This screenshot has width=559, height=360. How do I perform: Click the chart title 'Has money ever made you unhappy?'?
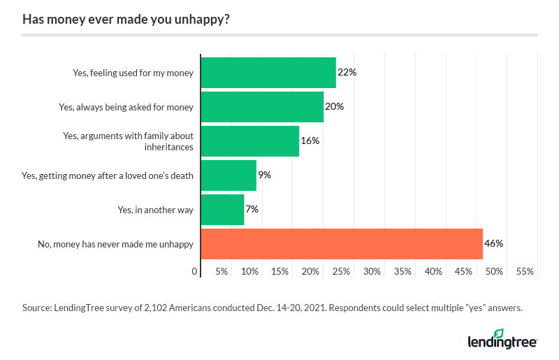point(126,19)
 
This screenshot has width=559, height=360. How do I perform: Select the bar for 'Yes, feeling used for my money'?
point(268,73)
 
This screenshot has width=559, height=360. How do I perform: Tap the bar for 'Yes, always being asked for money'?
point(262,107)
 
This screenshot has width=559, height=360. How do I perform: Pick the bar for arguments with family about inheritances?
point(250,141)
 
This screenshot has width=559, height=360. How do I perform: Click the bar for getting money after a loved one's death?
point(228,175)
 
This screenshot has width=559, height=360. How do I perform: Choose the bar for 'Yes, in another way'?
point(222,209)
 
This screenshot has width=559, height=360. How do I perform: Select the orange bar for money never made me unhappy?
point(342,244)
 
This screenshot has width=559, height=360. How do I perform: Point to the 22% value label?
point(347,73)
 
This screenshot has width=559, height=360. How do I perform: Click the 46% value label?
point(494,244)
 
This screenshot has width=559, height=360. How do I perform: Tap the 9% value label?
point(264,175)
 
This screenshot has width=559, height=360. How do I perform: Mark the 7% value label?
point(252,209)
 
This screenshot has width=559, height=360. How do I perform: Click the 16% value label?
point(310,141)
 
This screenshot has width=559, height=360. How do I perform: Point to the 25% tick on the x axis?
point(342,271)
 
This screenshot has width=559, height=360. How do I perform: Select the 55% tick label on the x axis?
point(525,271)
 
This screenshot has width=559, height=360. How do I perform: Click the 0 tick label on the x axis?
point(195,271)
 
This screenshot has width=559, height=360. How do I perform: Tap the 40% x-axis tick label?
point(433,271)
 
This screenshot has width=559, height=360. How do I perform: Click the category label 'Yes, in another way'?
point(156,209)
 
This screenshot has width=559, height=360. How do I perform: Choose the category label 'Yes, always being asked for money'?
point(126,107)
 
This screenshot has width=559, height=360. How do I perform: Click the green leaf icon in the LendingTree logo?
point(498,333)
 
